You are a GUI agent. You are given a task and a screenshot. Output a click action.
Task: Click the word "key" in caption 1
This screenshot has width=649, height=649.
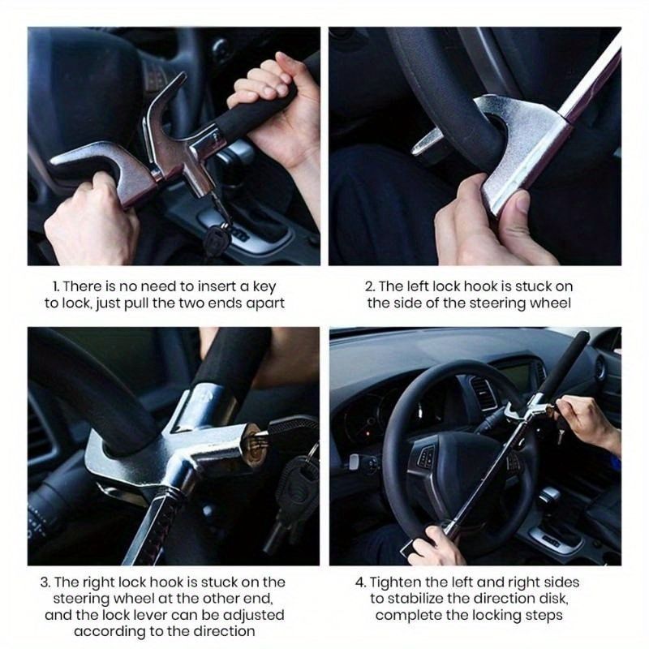(264, 287)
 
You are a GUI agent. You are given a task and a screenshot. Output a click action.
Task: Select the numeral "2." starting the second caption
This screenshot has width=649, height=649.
(370, 286)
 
